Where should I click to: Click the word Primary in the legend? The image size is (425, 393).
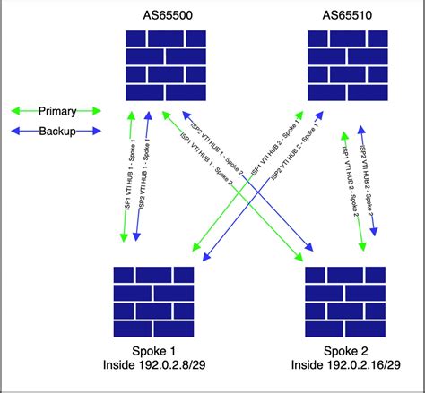click(56, 111)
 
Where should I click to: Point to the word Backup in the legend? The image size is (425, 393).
click(56, 130)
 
